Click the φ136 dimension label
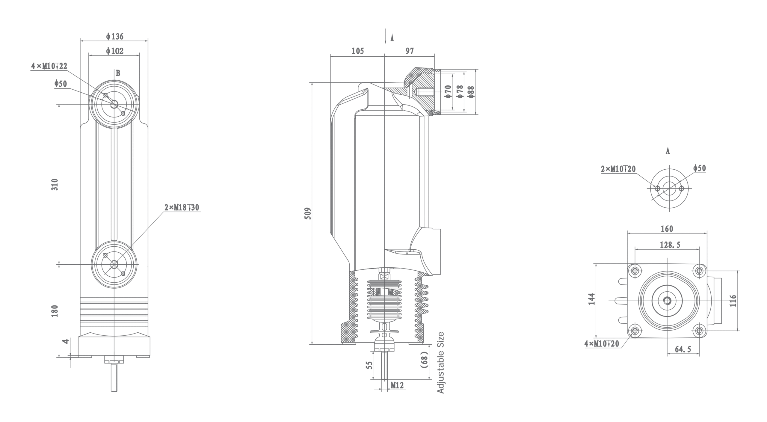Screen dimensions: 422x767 click(114, 37)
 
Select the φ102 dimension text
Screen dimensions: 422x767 click(114, 51)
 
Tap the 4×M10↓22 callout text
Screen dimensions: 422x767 click(49, 66)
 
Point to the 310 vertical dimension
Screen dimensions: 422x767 click(55, 184)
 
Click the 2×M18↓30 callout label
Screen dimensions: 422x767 click(182, 207)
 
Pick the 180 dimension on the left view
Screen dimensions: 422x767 click(55, 311)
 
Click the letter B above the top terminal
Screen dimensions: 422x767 click(118, 73)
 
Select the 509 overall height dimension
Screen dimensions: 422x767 click(308, 213)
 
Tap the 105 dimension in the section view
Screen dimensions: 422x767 click(357, 51)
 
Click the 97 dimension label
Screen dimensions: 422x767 click(410, 51)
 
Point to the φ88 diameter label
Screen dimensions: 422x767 click(471, 92)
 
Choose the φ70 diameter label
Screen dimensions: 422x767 click(448, 91)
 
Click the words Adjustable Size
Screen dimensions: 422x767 click(440, 363)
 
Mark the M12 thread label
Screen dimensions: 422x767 click(397, 385)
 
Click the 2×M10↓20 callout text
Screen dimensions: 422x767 click(618, 169)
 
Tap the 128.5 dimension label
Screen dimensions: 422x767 click(670, 245)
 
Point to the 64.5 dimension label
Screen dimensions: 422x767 click(683, 349)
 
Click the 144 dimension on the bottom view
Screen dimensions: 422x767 click(591, 299)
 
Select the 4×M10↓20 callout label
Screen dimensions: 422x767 click(602, 344)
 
